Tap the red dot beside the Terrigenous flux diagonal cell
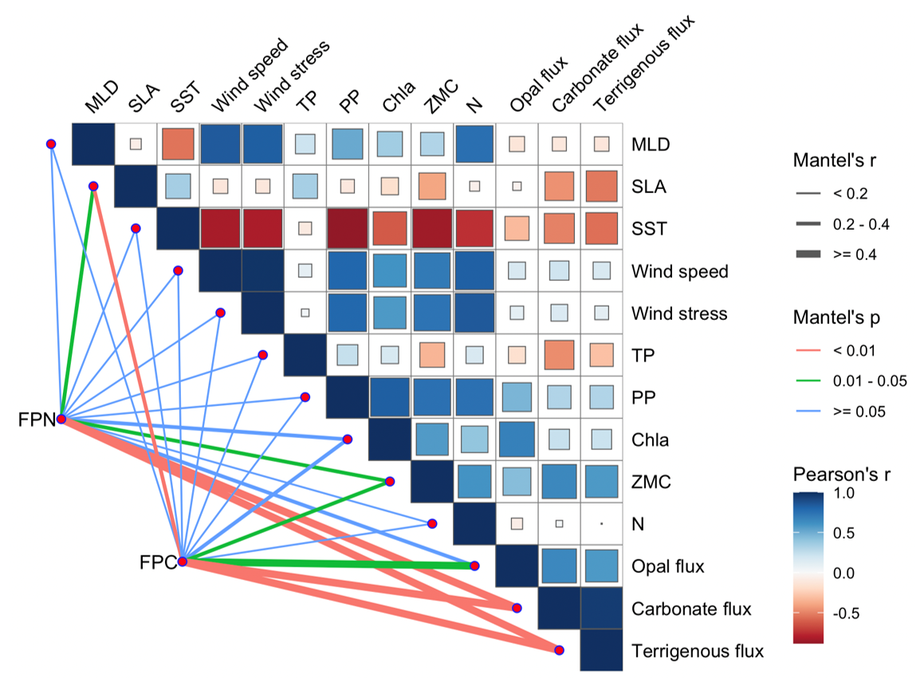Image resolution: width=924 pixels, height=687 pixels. tap(560, 650)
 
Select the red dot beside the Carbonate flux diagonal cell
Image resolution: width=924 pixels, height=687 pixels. tap(517, 608)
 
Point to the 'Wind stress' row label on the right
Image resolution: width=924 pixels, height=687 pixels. tap(679, 314)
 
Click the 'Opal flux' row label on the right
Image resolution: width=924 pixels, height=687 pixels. tap(668, 567)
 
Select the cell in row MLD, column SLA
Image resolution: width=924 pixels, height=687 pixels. tap(136, 144)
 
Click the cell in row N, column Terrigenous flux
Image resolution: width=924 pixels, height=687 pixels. tap(601, 524)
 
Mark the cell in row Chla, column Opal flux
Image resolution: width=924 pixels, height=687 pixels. tap(517, 440)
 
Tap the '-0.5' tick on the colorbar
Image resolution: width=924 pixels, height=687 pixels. tap(853, 614)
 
